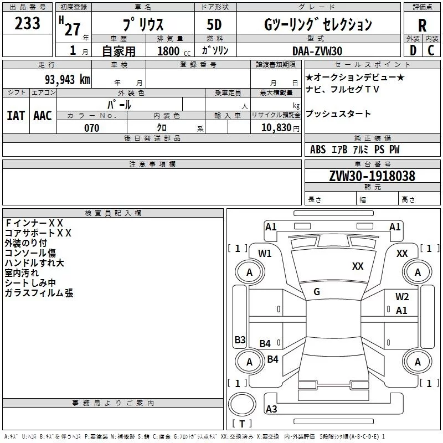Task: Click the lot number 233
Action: tap(27, 24)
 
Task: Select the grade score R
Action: tap(422, 25)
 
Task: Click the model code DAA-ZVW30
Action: tap(317, 51)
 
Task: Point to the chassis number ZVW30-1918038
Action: tap(372, 176)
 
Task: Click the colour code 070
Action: tap(91, 128)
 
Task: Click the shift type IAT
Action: tap(16, 115)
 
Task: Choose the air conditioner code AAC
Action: tap(42, 115)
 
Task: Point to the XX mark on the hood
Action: tap(358, 266)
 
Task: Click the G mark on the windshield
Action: tap(317, 292)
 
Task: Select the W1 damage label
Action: tap(265, 254)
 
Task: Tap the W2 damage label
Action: tap(402, 297)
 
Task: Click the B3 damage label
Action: tap(240, 339)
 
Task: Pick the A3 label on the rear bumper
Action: tap(271, 409)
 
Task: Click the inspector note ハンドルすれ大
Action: tap(34, 263)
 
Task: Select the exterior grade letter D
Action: tap(413, 50)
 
